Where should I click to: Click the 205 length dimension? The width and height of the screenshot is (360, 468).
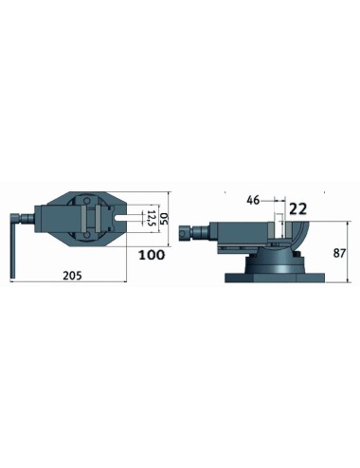72,276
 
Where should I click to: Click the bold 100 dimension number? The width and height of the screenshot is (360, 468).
152,255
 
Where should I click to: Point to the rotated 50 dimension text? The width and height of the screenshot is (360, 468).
164,218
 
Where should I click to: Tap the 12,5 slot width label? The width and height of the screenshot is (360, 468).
153,218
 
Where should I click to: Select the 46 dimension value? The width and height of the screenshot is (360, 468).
253,200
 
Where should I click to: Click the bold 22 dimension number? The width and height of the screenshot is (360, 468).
298,209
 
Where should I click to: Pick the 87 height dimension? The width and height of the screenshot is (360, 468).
339,253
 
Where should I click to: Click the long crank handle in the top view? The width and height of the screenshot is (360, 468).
13,246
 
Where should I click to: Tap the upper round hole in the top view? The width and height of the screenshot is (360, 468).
86,200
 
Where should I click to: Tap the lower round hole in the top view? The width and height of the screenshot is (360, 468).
86,236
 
